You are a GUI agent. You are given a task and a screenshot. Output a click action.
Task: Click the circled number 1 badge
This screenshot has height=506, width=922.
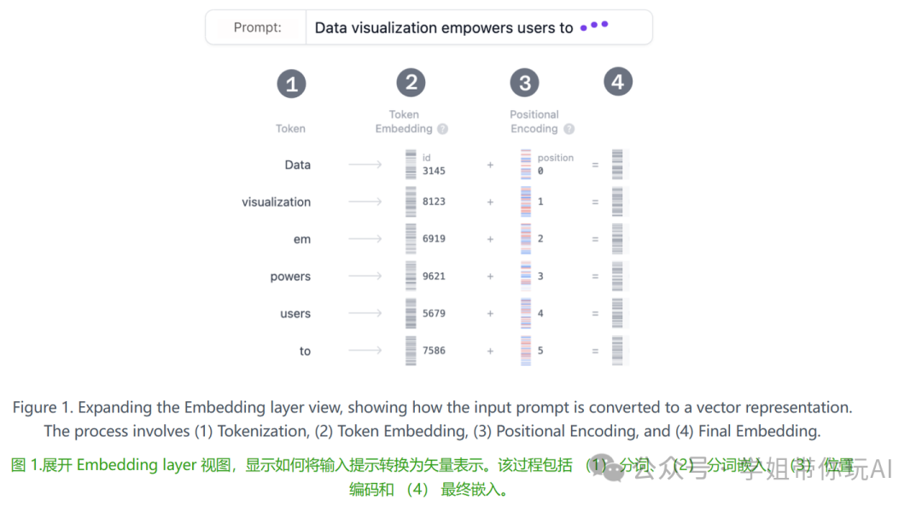(291, 84)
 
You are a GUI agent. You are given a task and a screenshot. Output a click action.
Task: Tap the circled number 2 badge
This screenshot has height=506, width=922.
(411, 83)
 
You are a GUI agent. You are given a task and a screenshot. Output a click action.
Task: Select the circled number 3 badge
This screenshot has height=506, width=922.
(524, 84)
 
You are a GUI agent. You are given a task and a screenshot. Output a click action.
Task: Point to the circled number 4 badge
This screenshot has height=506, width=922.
(618, 82)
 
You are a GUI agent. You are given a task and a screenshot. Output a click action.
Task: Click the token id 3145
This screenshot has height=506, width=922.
(434, 171)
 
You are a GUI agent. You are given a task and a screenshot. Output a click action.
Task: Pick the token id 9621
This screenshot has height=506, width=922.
(434, 276)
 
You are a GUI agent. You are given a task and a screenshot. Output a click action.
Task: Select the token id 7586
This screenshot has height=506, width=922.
(434, 351)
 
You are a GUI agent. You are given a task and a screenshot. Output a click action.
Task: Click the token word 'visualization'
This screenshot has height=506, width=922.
(276, 202)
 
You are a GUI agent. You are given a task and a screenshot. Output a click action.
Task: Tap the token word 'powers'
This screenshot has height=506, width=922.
(290, 276)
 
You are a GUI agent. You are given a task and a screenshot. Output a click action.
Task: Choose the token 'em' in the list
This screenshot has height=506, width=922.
(302, 240)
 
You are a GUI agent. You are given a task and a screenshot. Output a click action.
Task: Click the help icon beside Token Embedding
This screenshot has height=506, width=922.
(442, 130)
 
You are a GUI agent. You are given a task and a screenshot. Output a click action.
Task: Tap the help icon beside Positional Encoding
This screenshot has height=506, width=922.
(569, 130)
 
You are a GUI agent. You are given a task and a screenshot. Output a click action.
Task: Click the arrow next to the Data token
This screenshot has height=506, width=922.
(365, 165)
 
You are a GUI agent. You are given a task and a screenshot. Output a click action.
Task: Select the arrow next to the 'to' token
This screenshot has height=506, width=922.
(365, 351)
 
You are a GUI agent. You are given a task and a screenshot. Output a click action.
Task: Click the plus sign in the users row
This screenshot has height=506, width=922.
(490, 314)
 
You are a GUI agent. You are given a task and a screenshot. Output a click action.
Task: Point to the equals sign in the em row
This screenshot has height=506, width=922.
(595, 240)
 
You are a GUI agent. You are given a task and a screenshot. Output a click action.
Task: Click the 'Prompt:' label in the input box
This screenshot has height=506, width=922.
(257, 27)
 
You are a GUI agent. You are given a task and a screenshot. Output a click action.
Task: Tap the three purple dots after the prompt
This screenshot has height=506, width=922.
(594, 26)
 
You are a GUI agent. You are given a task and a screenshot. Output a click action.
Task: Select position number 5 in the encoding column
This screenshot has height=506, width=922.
(540, 351)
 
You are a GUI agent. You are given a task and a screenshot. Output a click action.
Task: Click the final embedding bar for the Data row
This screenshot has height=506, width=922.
(617, 165)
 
